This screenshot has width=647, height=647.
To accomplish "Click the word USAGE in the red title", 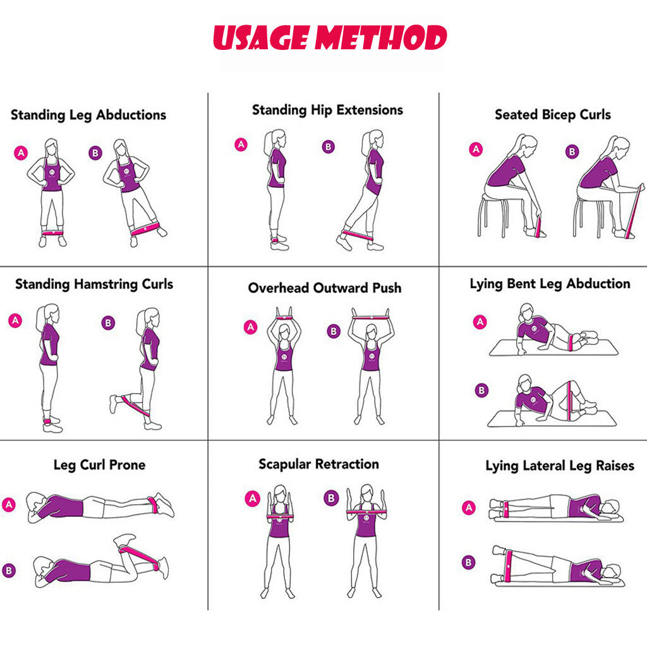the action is (x=261, y=37).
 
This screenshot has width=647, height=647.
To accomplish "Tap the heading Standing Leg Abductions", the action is (x=88, y=115).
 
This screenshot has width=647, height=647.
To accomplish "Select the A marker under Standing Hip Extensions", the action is (x=241, y=145).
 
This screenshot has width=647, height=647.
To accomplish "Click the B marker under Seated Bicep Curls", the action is (x=572, y=152).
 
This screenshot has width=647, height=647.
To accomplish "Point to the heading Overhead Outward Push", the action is (x=325, y=287).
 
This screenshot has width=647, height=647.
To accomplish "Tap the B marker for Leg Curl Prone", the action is (x=9, y=571).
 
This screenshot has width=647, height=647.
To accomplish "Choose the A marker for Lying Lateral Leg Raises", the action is (x=469, y=507).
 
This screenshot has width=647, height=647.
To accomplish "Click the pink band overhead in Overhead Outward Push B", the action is (x=370, y=317).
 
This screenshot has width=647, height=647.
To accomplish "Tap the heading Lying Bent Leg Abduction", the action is (x=550, y=284).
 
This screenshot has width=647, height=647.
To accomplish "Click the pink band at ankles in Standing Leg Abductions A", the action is (x=53, y=233).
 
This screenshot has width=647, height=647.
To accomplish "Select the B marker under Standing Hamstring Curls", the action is (x=108, y=323).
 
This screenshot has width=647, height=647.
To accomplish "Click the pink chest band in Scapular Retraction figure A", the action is (x=281, y=516).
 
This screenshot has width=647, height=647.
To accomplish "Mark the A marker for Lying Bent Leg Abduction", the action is (x=480, y=322).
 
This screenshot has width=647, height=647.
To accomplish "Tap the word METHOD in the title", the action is (x=381, y=37).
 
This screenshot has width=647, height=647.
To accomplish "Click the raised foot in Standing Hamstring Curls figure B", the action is (x=114, y=404).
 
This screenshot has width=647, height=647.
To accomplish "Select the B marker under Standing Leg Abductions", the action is (x=95, y=153).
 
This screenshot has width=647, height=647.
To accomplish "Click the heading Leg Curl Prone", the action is (x=99, y=465).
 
